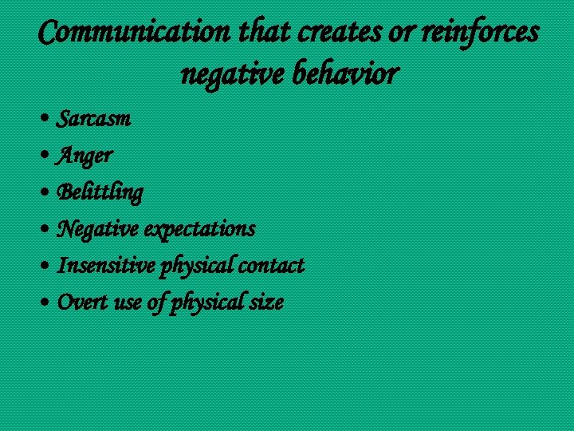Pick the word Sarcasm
94,119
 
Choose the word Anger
85,156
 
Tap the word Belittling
100,192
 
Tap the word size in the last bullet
267,302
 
